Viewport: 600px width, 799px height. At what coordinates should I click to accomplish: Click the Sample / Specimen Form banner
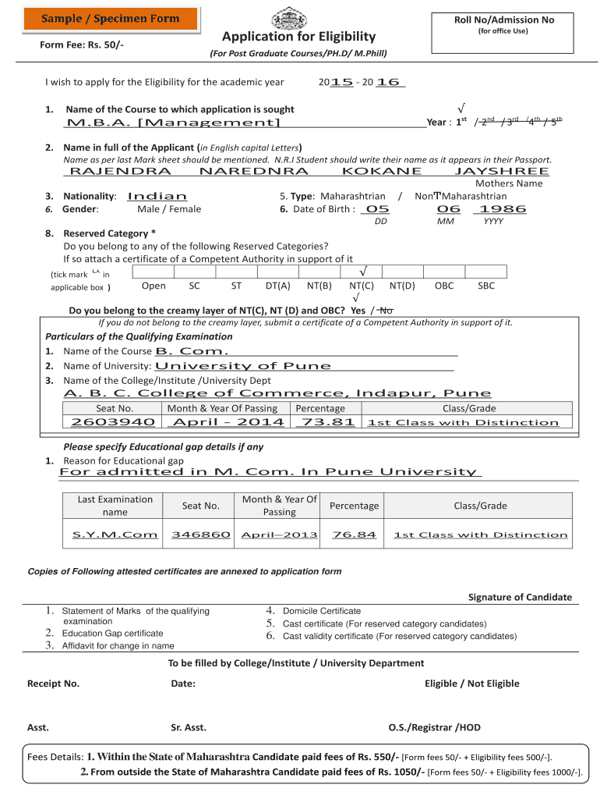click(110, 18)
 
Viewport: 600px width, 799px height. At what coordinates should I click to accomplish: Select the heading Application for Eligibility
click(298, 37)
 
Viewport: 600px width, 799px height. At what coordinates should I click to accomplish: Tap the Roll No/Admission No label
click(504, 20)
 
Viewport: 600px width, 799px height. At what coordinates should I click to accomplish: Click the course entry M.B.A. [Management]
click(173, 123)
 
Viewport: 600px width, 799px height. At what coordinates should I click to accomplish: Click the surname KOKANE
click(382, 171)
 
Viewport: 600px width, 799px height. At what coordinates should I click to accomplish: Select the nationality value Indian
click(157, 197)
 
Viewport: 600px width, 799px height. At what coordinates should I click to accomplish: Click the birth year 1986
click(503, 209)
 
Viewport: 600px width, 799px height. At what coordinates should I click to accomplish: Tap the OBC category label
click(444, 286)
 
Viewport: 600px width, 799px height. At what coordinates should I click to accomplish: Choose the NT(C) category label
click(362, 286)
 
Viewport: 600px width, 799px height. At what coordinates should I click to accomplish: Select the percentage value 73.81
click(326, 422)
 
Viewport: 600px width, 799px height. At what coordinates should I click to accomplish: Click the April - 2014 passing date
click(228, 422)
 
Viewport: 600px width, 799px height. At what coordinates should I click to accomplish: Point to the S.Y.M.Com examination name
click(115, 534)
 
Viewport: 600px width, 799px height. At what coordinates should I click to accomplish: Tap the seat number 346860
click(201, 534)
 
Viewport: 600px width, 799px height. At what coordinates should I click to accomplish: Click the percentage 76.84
click(354, 534)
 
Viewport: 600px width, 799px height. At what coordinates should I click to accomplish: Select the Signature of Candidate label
click(520, 597)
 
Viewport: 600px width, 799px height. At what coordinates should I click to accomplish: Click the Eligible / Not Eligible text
click(471, 684)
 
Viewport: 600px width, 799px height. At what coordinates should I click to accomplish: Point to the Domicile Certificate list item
click(321, 611)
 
